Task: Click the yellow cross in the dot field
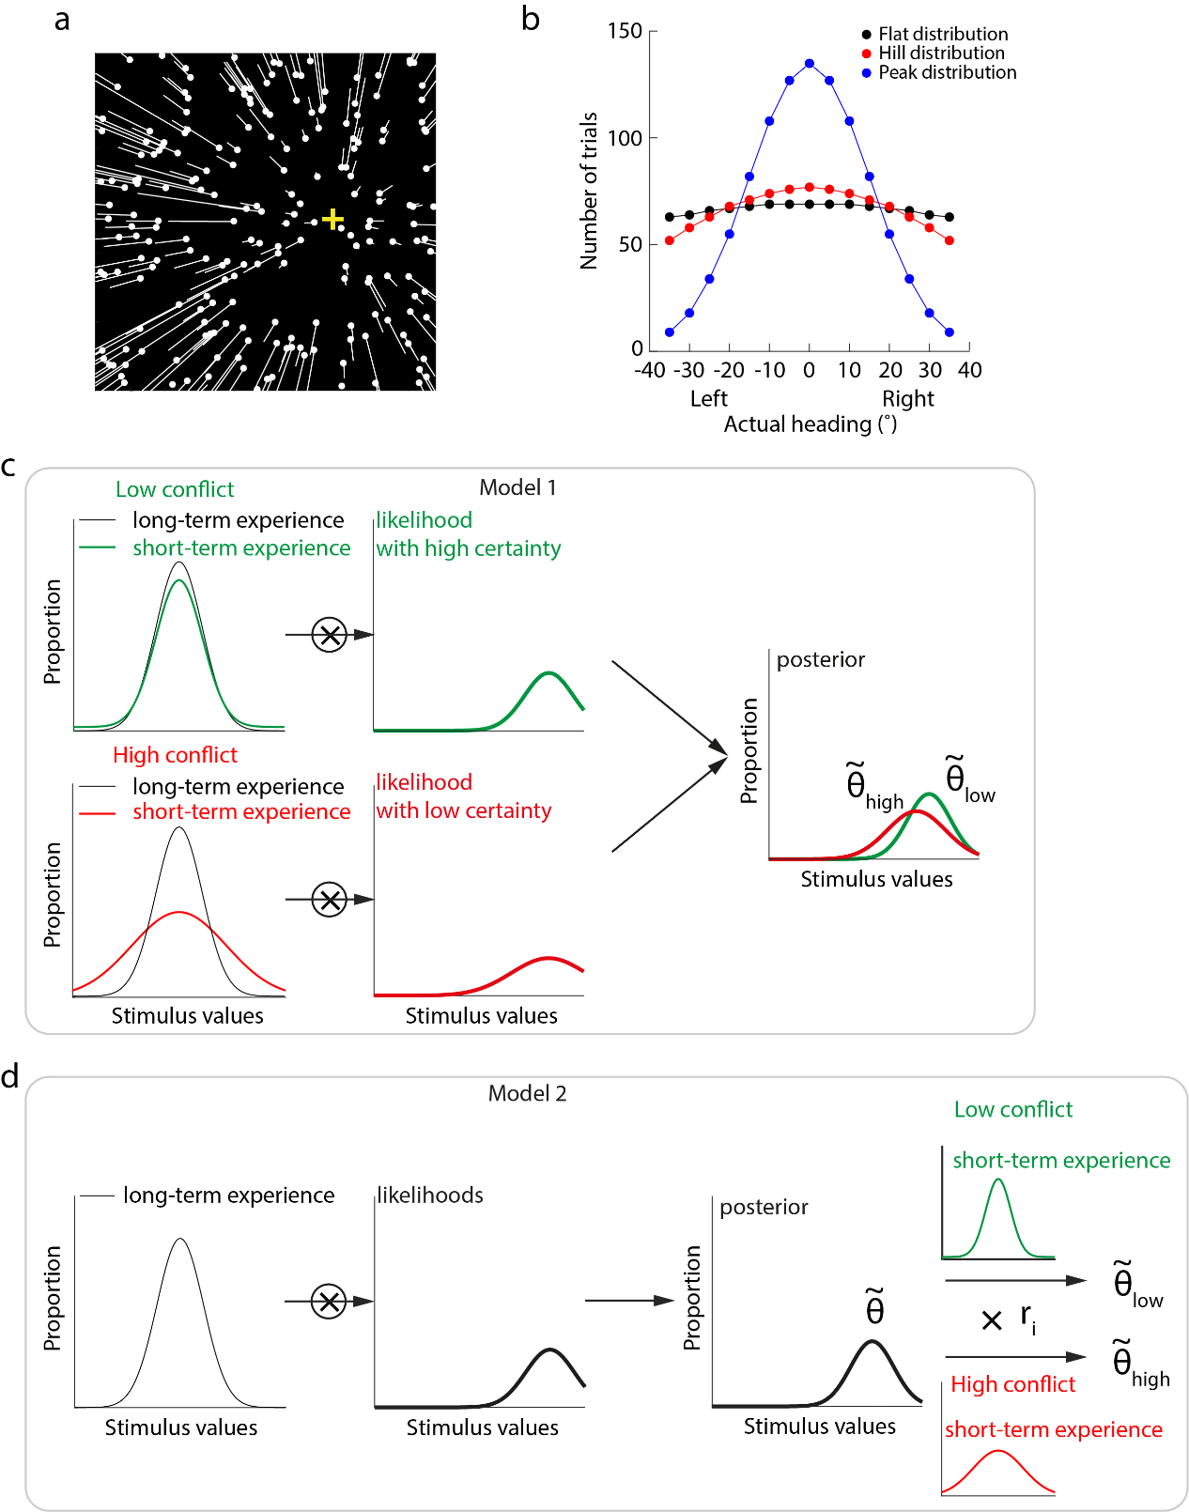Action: coord(332,220)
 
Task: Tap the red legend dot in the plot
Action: coord(866,54)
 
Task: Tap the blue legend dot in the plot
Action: coord(866,72)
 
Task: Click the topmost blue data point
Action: coord(810,63)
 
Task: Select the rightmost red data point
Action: coord(950,240)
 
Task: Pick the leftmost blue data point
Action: coord(669,332)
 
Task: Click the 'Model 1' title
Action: coord(517,487)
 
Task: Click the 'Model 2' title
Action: coord(527,1093)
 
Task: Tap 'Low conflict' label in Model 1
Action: coord(175,489)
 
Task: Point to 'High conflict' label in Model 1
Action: coord(175,755)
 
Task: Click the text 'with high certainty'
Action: coord(469,548)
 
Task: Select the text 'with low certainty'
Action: coord(464,810)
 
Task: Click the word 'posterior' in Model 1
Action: coord(821,659)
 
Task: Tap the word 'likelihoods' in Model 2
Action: coord(430,1195)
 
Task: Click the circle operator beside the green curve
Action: coord(329,634)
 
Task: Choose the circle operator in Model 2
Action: coord(329,1301)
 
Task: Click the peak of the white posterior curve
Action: coord(873,1343)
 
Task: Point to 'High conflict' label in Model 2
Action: coord(1012,1384)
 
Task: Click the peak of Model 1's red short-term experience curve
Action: coord(178,912)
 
